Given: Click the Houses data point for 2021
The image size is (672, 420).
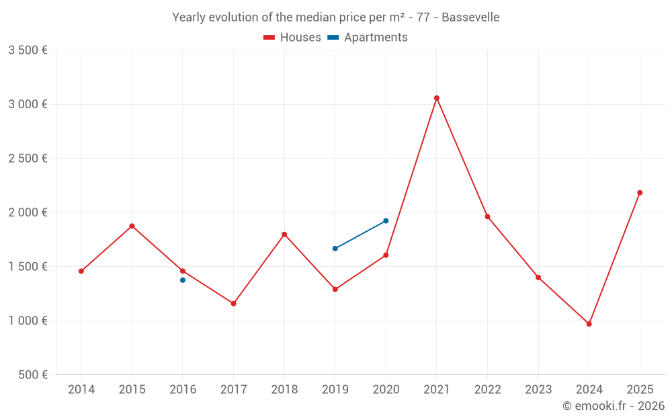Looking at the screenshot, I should coord(437,98).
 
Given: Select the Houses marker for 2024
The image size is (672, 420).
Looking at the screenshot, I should coord(589,324).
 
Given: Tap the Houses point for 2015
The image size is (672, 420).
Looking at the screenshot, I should coord(132,226).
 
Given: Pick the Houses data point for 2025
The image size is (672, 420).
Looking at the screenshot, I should coord(640,193).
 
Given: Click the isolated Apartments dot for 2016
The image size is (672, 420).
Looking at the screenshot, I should coord(183,280).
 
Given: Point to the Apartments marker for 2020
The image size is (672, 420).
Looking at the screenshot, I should coord(386,220).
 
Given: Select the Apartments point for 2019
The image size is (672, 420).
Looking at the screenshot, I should coord(335,249).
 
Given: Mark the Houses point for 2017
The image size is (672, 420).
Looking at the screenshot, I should coord(234,304).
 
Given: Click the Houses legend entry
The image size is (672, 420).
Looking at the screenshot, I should coord(292,38).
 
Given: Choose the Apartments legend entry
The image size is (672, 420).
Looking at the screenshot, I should coord(368,38).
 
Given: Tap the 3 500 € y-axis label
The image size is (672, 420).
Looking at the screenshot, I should coord(28,50).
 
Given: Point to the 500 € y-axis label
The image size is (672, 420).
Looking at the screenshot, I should coord(33,375).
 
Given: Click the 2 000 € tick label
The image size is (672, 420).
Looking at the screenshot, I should coord(28,212).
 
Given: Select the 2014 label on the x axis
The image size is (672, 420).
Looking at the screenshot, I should coord(81,390).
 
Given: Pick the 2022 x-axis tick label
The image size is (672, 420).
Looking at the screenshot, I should coord(487,390).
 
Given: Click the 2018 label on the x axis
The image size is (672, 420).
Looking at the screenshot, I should coord(284,390).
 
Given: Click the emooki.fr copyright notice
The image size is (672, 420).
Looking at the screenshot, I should coord(614,406).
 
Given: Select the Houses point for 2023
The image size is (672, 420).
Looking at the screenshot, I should coord(538,278).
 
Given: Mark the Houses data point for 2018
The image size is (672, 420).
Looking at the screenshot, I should coord(284,235).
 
